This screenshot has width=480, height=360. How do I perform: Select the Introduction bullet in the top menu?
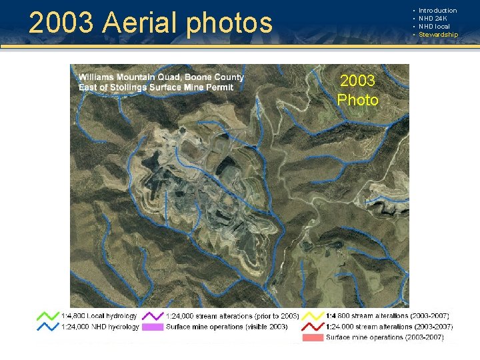point(437,11)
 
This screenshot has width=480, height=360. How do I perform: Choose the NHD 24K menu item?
point(433,19)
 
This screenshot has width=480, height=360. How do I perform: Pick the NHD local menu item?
point(434,27)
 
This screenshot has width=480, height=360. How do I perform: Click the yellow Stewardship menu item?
point(438,35)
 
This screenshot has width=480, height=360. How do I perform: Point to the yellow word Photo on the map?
point(357,100)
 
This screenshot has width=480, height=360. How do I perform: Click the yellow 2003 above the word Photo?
point(357,81)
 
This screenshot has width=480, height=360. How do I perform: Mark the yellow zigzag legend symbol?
point(311,315)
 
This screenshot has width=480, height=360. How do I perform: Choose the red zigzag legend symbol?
point(311,327)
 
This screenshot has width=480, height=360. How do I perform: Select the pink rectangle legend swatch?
point(311,337)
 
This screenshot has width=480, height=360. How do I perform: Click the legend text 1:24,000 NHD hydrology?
point(100,327)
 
